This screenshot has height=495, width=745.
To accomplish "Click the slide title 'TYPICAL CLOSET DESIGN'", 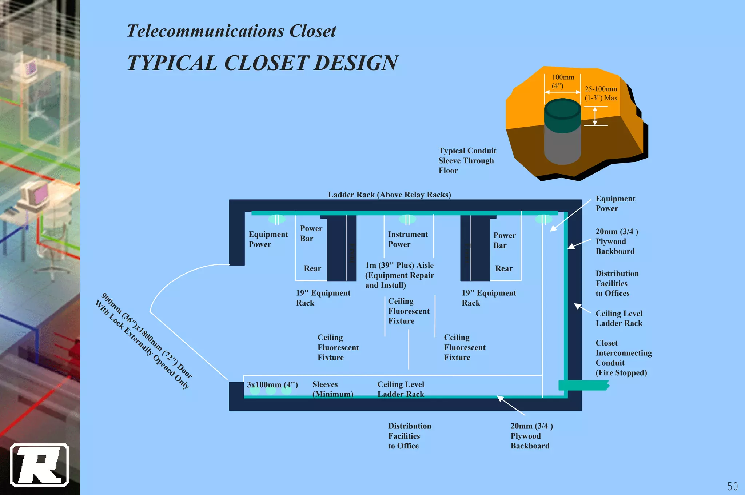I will tap(263, 63).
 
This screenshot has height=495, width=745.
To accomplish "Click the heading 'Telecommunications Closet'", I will tap(231, 31).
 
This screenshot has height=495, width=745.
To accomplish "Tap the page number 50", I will tap(732, 486).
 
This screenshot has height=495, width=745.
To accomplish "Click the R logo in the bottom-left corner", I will tap(39, 465).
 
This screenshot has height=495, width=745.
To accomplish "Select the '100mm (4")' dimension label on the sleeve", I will tap(563, 81).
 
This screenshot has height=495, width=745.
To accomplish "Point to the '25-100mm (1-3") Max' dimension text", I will tap(601, 93).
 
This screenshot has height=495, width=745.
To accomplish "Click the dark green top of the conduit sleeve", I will tap(562, 109).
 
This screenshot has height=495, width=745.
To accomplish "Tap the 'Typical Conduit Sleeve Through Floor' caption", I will tap(467, 160).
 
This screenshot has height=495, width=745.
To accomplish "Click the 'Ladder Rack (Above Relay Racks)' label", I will tap(389, 195).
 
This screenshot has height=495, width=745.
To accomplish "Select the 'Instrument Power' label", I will tap(408, 239).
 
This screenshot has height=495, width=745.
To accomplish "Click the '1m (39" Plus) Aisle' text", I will tap(399, 266).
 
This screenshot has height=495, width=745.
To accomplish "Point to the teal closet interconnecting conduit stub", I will tap(583, 385).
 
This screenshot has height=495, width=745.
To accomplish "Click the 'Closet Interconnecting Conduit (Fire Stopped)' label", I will tap(623, 358).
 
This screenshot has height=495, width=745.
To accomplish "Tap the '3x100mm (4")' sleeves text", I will tap(272, 384).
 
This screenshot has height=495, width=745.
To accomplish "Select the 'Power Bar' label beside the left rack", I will tap(311, 233).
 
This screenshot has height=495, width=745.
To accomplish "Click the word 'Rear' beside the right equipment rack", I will tap(504, 268).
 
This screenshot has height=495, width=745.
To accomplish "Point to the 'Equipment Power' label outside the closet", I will tap(615, 204).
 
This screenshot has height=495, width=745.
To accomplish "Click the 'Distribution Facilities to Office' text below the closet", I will tap(409, 436).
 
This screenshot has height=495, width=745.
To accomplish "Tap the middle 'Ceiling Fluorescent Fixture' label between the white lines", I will tap(409, 311).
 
